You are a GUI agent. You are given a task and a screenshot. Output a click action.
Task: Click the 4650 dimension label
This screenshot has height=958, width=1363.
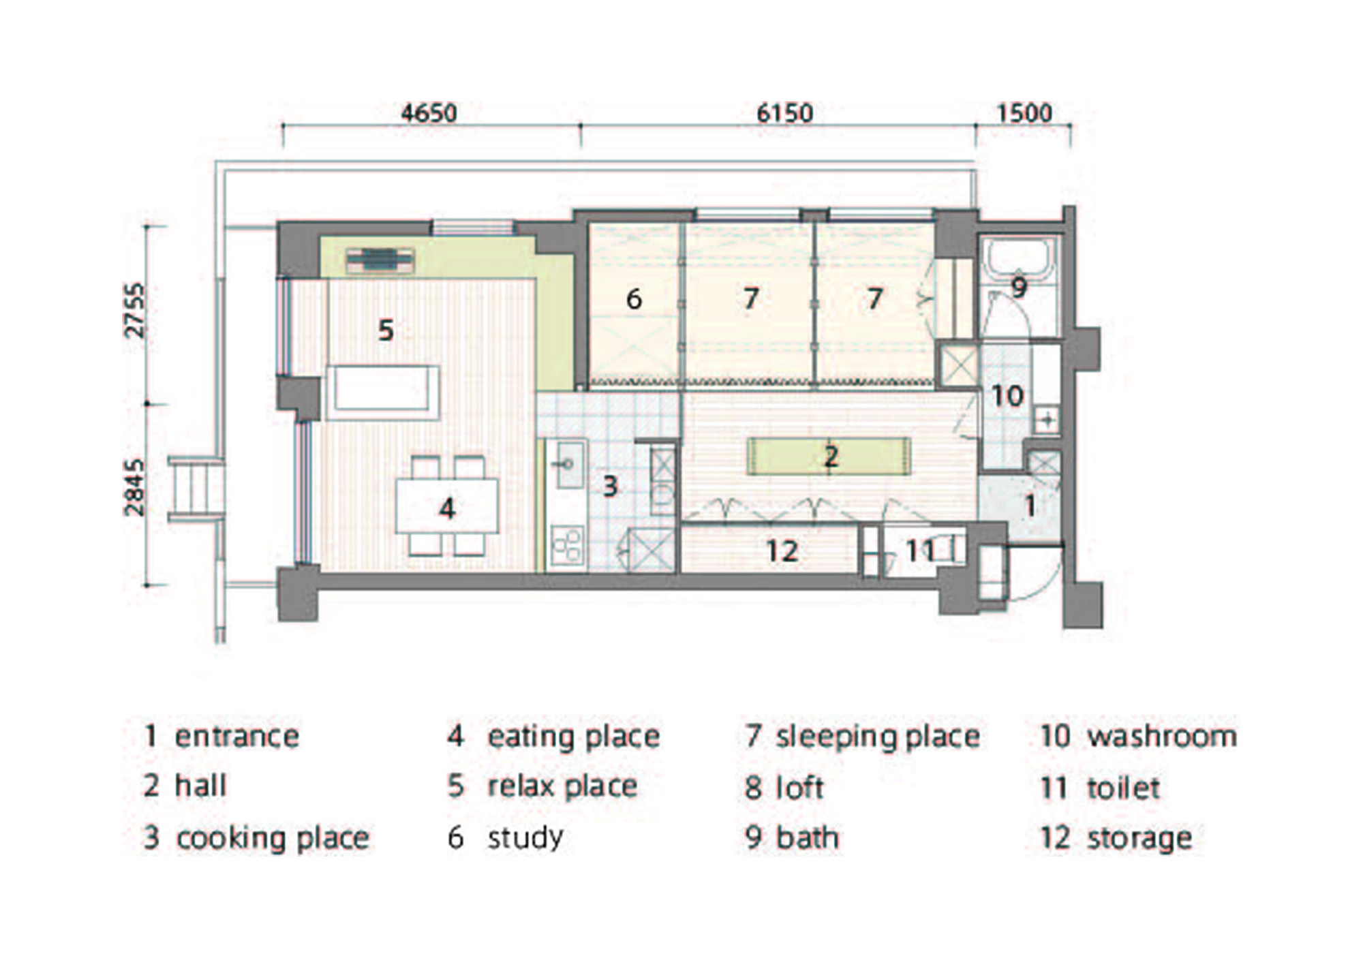tap(429, 112)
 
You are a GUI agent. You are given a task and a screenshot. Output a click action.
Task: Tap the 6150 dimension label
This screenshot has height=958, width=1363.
tap(785, 112)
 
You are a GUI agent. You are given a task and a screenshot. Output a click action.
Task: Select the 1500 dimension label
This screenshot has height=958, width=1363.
tap(1024, 112)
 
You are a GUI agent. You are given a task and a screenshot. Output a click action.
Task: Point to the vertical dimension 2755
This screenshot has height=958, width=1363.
tap(135, 310)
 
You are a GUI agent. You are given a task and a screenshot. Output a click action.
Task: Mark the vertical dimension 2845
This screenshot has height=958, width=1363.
tap(135, 487)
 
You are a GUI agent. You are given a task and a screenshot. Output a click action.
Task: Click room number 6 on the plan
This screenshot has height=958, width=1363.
tap(634, 298)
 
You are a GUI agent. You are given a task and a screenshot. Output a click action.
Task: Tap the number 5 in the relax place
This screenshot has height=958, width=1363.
tap(386, 330)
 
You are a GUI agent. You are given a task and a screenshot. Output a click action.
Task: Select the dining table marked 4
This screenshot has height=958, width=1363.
tap(447, 506)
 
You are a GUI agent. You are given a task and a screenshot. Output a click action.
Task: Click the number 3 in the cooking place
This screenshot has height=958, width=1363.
tap(610, 486)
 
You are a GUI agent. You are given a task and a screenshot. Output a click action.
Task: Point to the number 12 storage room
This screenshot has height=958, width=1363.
tap(782, 551)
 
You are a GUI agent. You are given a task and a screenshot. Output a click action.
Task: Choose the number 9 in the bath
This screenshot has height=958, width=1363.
tap(1019, 287)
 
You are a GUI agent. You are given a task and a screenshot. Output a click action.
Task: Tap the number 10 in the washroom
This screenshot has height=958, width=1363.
tap(1007, 395)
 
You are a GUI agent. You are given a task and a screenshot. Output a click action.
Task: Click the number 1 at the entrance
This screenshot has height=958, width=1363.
tap(1030, 506)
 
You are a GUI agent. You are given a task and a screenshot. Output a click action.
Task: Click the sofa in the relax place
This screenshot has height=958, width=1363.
tap(382, 393)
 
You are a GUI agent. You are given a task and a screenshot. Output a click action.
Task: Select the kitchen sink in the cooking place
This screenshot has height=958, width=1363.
tap(570, 463)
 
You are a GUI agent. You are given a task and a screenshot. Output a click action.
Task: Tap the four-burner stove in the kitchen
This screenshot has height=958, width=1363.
tap(567, 545)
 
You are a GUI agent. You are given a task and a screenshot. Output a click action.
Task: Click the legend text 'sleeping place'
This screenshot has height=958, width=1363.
tap(878, 737)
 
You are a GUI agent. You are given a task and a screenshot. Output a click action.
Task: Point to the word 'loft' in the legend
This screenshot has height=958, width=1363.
tap(799, 787)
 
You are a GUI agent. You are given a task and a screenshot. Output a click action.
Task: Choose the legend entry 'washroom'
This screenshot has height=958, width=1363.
tap(1162, 736)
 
